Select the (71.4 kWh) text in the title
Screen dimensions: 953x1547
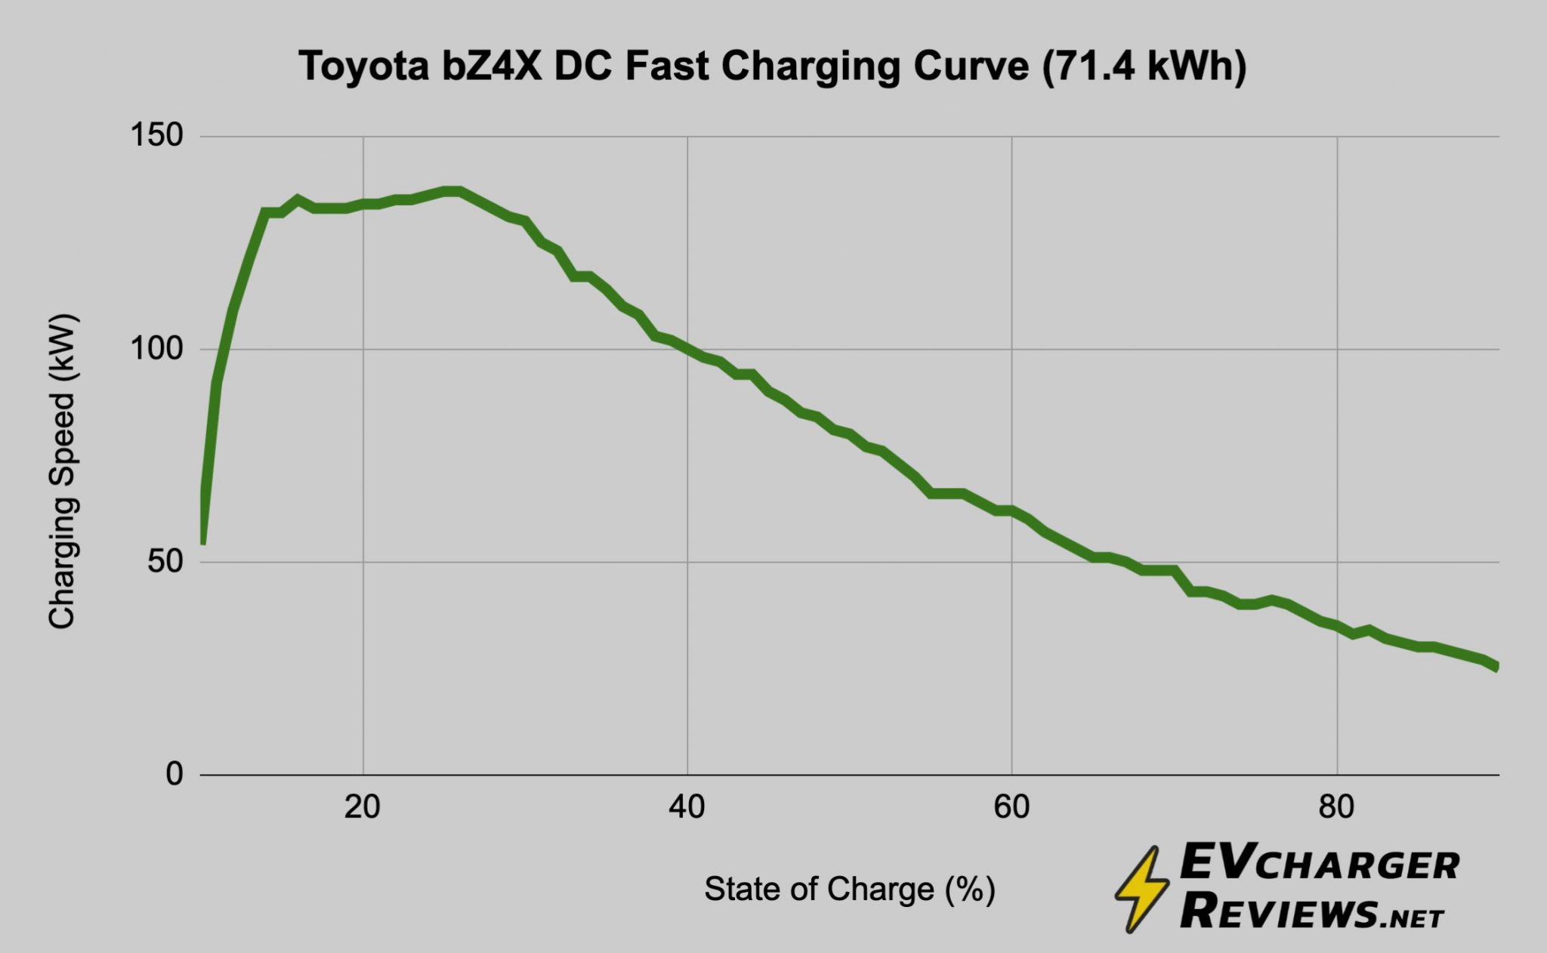point(1144,66)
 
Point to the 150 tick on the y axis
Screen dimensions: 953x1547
point(157,136)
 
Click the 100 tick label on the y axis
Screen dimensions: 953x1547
point(157,349)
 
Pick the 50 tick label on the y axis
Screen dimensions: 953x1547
point(165,562)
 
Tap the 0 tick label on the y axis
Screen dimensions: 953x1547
point(174,774)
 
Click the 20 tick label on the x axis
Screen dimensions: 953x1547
point(363,808)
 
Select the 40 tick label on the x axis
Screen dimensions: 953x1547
point(687,808)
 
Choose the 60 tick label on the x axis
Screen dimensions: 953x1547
point(1011,808)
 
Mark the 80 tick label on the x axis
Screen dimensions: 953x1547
point(1336,808)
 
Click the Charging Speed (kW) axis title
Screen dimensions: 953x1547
point(62,472)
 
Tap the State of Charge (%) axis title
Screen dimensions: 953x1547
point(850,890)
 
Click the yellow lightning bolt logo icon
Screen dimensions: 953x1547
point(1142,889)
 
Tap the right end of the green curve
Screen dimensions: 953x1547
point(1496,666)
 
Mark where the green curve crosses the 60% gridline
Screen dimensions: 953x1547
point(1011,511)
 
